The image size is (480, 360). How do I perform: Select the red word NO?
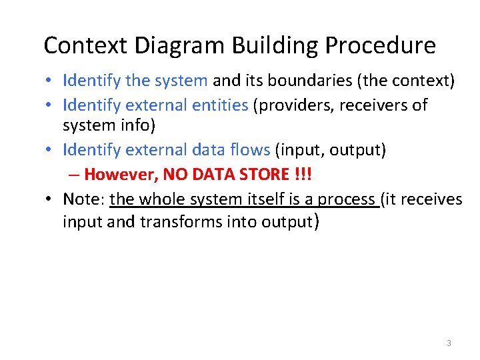175,175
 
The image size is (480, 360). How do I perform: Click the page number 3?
449,343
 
